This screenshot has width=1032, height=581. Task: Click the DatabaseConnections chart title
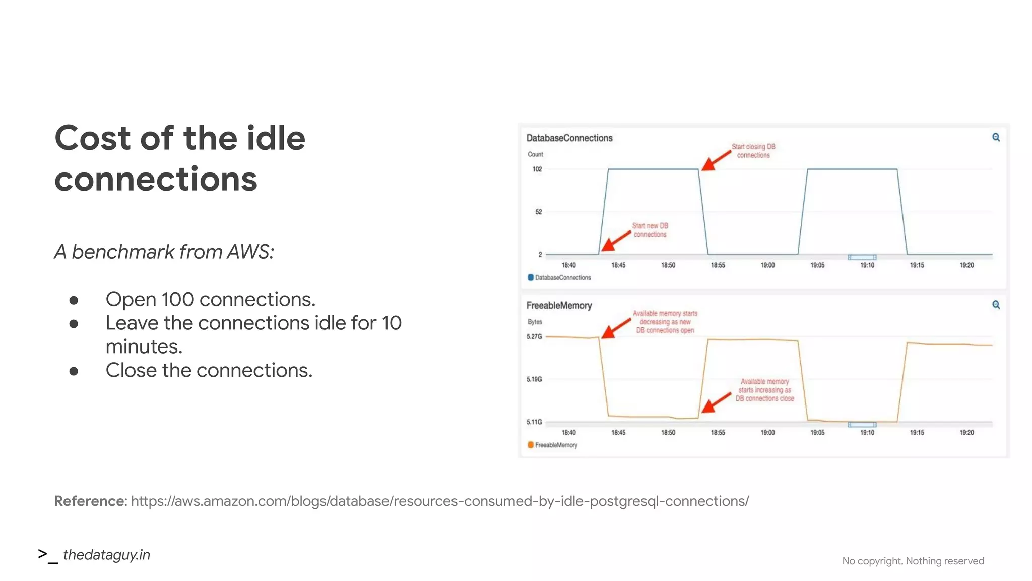click(x=569, y=138)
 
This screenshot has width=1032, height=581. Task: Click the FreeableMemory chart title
click(x=558, y=306)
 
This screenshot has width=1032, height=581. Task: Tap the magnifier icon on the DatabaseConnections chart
click(x=996, y=137)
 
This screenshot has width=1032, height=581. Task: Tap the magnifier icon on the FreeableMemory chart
click(x=996, y=305)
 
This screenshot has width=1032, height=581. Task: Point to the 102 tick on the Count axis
click(x=537, y=169)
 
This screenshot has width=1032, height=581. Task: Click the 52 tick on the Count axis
click(x=538, y=212)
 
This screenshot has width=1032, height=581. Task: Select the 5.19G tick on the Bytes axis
click(x=534, y=379)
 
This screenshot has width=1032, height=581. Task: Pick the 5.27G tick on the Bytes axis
click(x=534, y=336)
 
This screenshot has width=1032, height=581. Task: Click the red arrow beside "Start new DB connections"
click(x=616, y=241)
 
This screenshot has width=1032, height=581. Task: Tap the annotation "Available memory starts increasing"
click(x=764, y=390)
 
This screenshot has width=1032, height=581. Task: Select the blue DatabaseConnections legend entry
click(x=559, y=278)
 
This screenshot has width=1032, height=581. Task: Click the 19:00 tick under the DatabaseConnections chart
click(x=767, y=265)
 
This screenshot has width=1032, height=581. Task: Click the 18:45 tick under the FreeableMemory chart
click(x=618, y=433)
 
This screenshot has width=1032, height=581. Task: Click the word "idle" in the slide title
click(x=276, y=138)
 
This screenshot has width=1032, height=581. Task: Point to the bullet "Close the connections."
click(x=209, y=371)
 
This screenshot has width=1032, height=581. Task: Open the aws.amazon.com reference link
click(x=439, y=501)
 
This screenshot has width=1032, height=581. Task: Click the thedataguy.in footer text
click(x=106, y=555)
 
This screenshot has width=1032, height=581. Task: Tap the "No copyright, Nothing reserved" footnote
click(x=913, y=561)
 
